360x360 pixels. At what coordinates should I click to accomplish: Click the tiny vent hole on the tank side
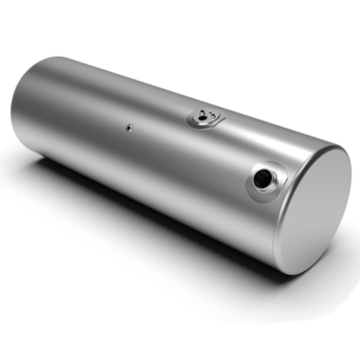pos(128,127)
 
